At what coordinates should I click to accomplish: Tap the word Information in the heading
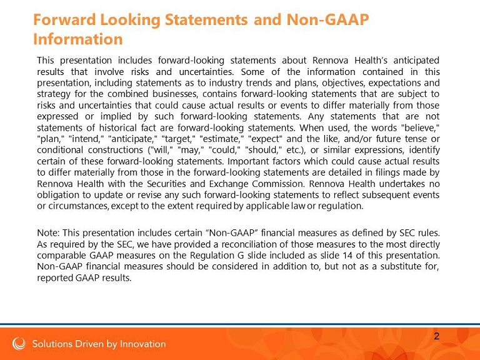tap(77, 39)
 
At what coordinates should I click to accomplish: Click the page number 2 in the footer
tap(437, 336)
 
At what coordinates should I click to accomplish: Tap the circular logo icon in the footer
tap(19, 344)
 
